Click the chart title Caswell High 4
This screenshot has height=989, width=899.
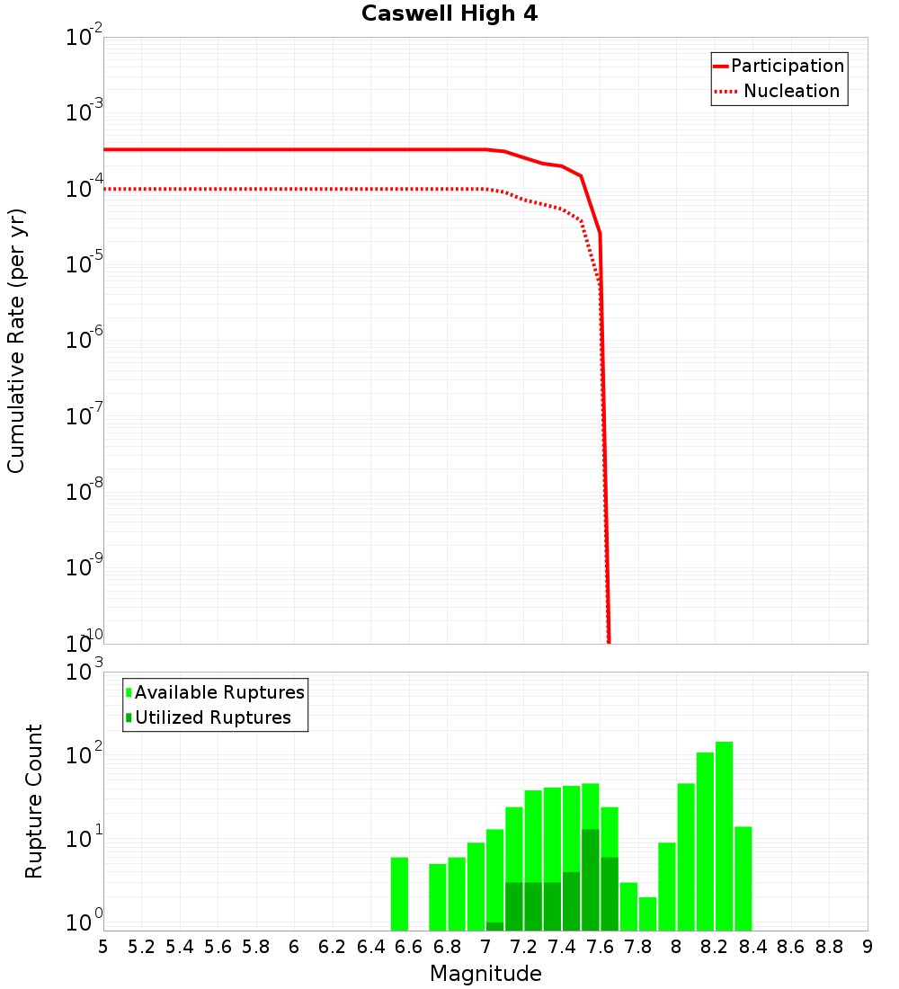[x=449, y=14]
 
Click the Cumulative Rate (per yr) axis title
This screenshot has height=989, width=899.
[x=16, y=340]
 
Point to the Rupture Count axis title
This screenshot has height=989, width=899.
[x=34, y=801]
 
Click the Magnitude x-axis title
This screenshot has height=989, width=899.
[x=485, y=974]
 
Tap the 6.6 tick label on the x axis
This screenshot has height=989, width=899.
[x=408, y=947]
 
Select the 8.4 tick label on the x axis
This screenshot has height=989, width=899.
[x=752, y=947]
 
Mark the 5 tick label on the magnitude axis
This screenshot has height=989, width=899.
[x=103, y=947]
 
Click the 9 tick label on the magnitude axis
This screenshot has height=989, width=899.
[x=868, y=947]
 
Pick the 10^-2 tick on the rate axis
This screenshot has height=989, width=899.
[x=85, y=37]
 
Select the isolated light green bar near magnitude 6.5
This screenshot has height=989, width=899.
[x=399, y=894]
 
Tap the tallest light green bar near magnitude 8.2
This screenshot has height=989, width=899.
[x=724, y=836]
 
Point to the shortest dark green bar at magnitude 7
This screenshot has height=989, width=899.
[x=494, y=926]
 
